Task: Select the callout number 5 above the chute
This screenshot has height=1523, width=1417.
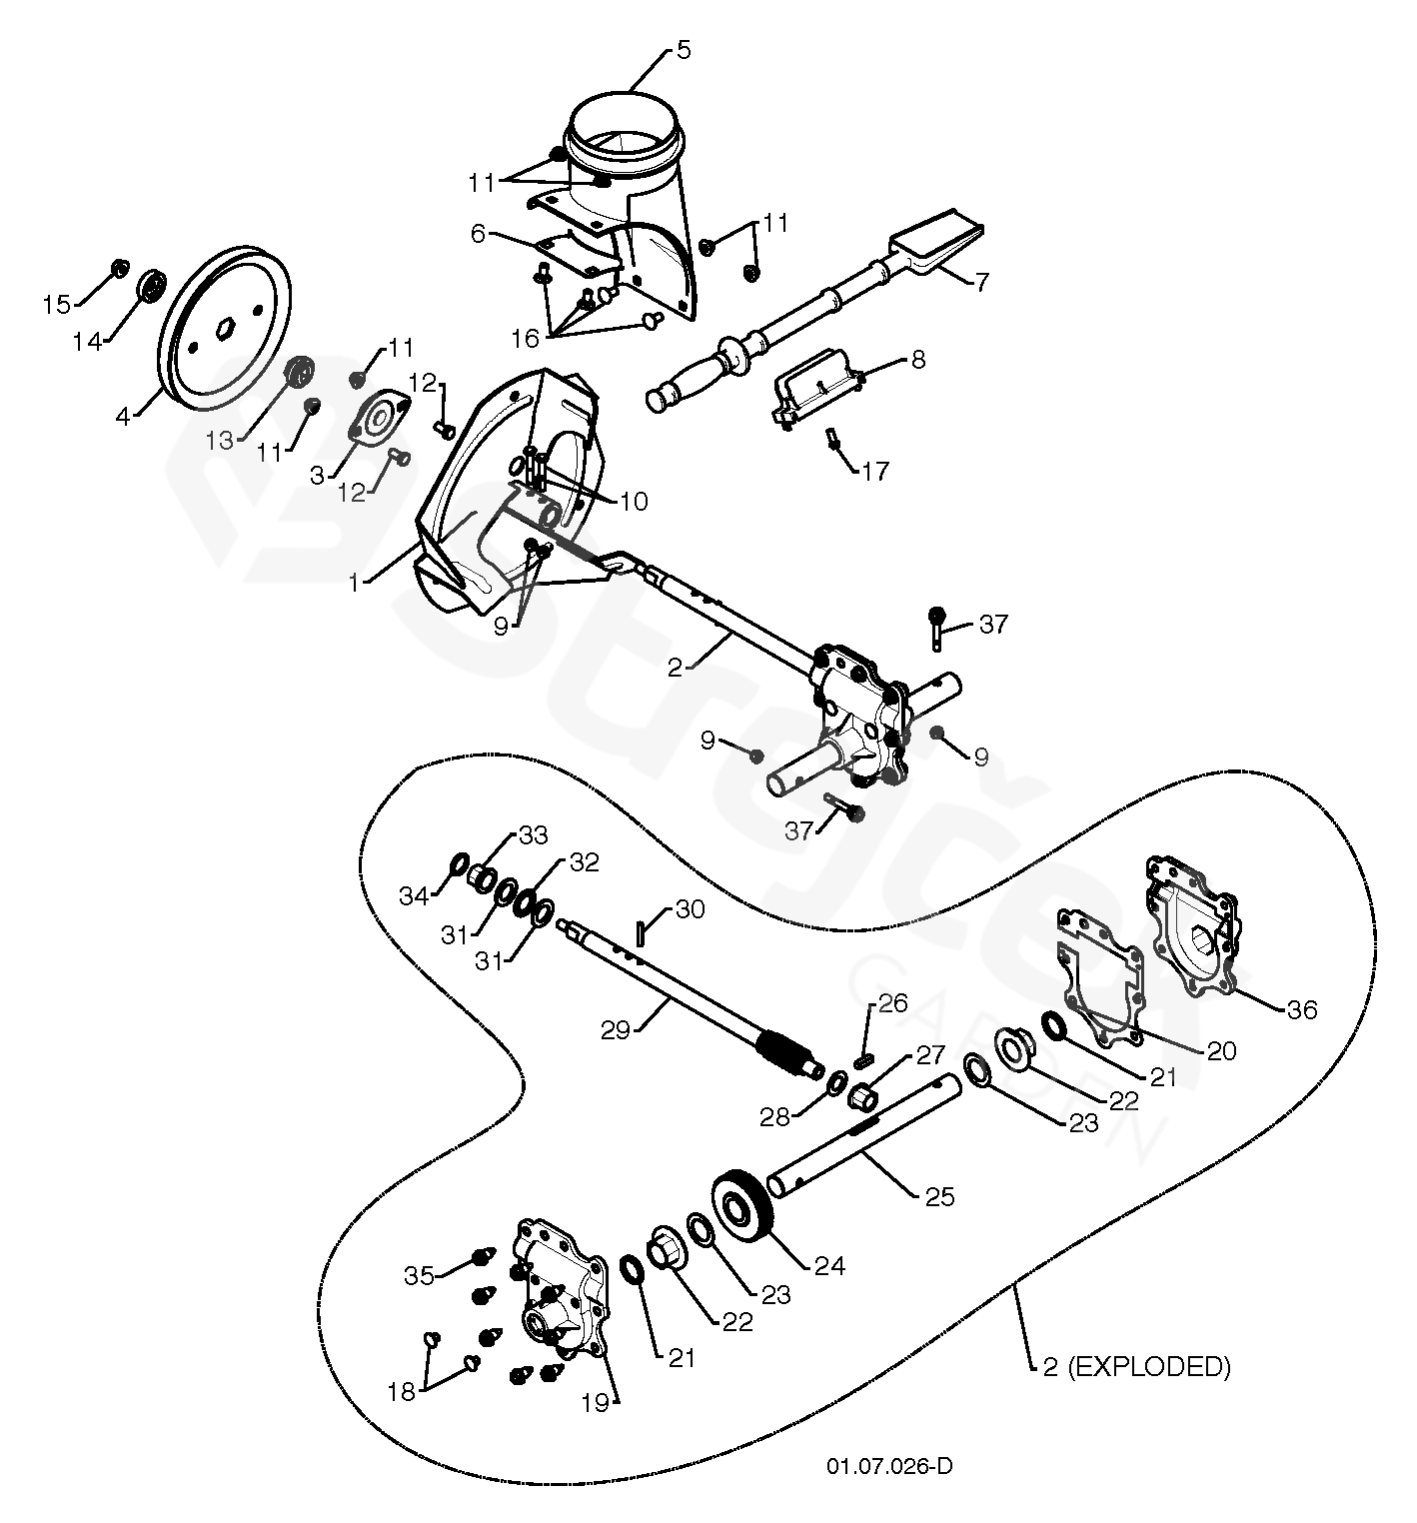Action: point(683,50)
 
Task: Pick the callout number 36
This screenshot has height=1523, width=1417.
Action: point(1302,1009)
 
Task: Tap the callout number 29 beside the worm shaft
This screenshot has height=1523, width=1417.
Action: point(617,1029)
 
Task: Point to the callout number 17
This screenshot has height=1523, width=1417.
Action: point(875,471)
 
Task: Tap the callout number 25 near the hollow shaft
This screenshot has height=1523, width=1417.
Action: point(940,1195)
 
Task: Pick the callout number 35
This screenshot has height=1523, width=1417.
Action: point(420,1275)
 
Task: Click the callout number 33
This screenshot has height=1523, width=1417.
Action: point(535,835)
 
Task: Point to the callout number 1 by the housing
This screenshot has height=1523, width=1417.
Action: point(354,582)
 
